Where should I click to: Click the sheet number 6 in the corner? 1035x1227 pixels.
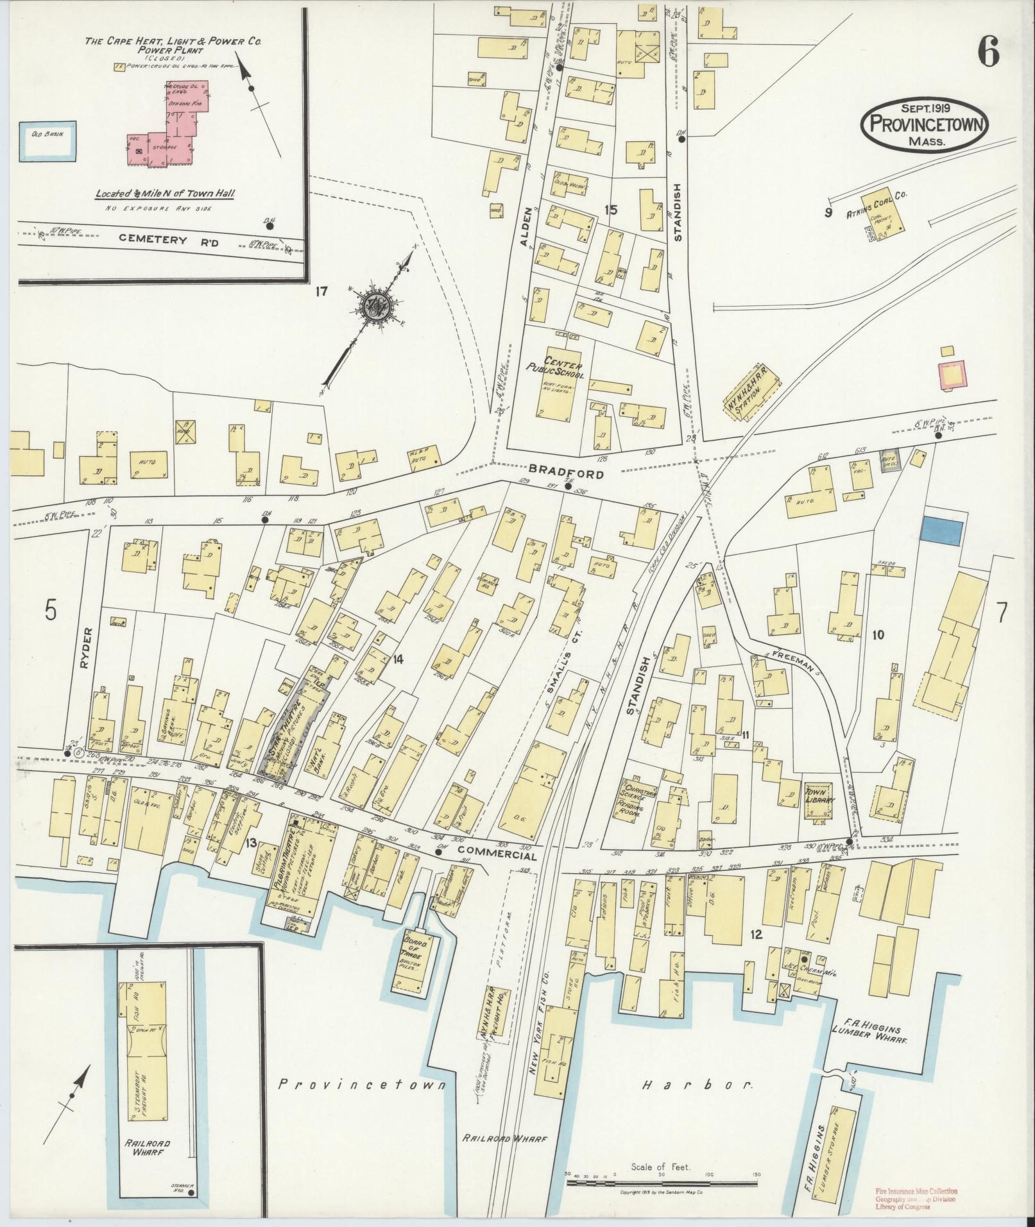click(988, 51)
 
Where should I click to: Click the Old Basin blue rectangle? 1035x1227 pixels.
click(48, 139)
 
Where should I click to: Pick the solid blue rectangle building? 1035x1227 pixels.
click(942, 532)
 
